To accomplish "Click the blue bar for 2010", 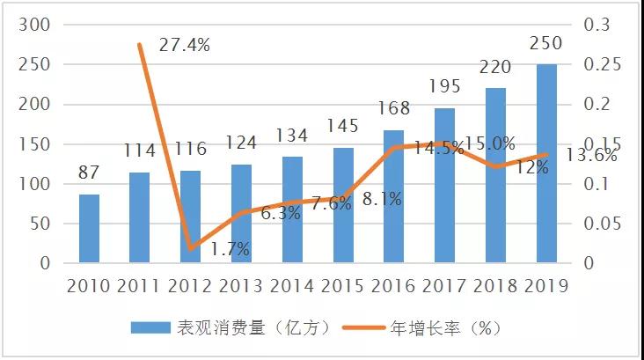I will [89, 228].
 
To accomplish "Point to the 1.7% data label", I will [231, 250].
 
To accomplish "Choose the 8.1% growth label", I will [382, 199].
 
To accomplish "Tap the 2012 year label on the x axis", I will [190, 286].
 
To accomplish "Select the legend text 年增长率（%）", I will [447, 327].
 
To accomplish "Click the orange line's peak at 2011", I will [139, 44].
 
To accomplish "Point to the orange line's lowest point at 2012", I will [190, 249].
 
